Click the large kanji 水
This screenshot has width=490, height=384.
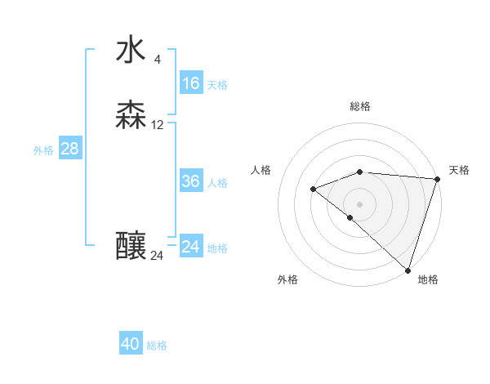tap(131, 50)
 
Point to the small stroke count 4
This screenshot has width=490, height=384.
tap(157, 60)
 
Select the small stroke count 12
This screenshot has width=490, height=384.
tap(158, 125)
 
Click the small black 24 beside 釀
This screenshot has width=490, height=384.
tap(157, 256)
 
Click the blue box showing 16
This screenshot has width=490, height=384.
tap(190, 83)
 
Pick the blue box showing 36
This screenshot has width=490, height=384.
tap(190, 181)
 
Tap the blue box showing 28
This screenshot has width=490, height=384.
tap(69, 149)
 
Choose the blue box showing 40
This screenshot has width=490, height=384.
tap(130, 344)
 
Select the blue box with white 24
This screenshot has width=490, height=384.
tap(190, 247)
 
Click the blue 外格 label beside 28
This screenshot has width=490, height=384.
tap(42, 150)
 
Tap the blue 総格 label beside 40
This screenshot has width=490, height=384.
tap(157, 346)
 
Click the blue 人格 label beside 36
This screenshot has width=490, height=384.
tap(217, 183)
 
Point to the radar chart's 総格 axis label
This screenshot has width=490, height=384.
tap(359, 106)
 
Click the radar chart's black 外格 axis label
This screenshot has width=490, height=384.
tap(287, 279)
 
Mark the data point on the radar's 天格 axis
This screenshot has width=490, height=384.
tap(437, 179)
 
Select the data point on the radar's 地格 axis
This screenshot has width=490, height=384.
tap(408, 270)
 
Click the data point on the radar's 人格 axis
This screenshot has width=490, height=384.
tap(313, 189)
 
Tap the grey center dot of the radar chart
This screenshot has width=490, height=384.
tap(359, 203)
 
